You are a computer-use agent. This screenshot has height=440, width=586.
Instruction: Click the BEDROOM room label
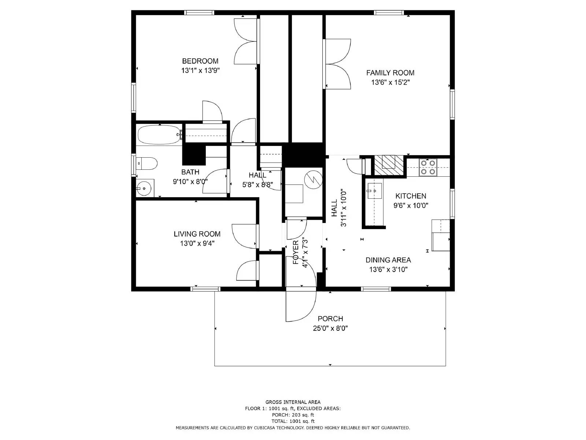click(x=200, y=61)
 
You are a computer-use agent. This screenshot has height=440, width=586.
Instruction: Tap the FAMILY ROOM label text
click(x=390, y=73)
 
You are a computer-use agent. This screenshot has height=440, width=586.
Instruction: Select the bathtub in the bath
click(x=159, y=135)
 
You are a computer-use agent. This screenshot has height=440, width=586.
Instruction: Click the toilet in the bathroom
click(x=146, y=164)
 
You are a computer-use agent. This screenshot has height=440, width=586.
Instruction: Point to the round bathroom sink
click(x=144, y=188)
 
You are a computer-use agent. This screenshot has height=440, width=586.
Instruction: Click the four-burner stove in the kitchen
click(x=428, y=168)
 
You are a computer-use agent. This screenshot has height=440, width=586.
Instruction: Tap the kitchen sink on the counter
click(x=375, y=191)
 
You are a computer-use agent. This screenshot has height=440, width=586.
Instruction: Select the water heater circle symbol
click(x=314, y=179)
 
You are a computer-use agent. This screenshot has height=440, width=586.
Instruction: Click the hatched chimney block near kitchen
click(x=389, y=165)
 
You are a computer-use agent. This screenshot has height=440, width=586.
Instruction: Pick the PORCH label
click(x=330, y=319)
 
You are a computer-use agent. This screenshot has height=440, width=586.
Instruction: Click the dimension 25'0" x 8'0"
click(x=330, y=328)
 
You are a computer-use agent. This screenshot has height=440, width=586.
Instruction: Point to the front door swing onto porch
click(x=301, y=306)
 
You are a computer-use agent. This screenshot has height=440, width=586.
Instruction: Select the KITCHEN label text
click(x=411, y=196)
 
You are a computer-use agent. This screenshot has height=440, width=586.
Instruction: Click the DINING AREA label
click(x=388, y=260)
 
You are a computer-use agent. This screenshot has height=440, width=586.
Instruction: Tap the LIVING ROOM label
click(x=197, y=234)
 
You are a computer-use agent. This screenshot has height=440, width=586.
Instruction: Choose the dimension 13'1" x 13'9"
click(x=200, y=71)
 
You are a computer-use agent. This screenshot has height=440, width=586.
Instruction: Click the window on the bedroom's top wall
click(x=200, y=12)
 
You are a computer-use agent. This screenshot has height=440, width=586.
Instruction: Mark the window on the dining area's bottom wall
click(x=376, y=289)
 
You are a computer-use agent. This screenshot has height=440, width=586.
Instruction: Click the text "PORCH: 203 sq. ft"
click(x=293, y=415)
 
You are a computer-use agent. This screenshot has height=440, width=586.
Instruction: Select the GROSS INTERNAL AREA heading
click(x=293, y=402)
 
